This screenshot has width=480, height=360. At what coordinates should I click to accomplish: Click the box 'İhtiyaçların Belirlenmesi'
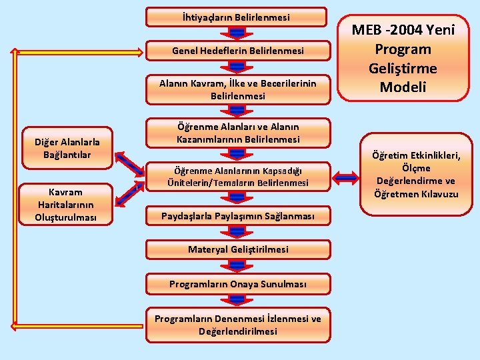pyautogui.click(x=237, y=17)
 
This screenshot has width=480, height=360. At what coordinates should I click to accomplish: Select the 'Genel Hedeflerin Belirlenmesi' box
pyautogui.click(x=237, y=51)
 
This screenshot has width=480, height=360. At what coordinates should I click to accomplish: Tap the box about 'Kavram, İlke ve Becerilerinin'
pyautogui.click(x=237, y=89)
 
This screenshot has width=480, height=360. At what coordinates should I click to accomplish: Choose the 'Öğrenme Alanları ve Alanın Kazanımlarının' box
pyautogui.click(x=237, y=133)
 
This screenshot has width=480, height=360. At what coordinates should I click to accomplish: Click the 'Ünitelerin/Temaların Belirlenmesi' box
pyautogui.click(x=237, y=177)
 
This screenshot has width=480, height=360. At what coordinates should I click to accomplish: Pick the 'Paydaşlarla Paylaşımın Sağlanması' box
pyautogui.click(x=237, y=216)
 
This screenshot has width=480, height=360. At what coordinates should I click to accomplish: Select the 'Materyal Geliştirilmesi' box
pyautogui.click(x=237, y=249)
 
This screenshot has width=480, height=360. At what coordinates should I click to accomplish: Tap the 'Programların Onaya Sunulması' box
pyautogui.click(x=237, y=284)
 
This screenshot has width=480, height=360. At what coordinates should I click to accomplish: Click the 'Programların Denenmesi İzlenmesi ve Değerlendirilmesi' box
pyautogui.click(x=237, y=325)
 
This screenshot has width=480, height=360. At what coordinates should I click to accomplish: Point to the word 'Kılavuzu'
pyautogui.click(x=437, y=194)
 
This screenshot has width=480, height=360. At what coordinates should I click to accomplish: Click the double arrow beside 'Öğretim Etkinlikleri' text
pyautogui.click(x=347, y=177)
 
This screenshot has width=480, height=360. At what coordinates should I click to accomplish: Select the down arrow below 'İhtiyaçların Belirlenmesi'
pyautogui.click(x=237, y=33)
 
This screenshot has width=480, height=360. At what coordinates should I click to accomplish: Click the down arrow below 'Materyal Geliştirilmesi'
pyautogui.click(x=237, y=266)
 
